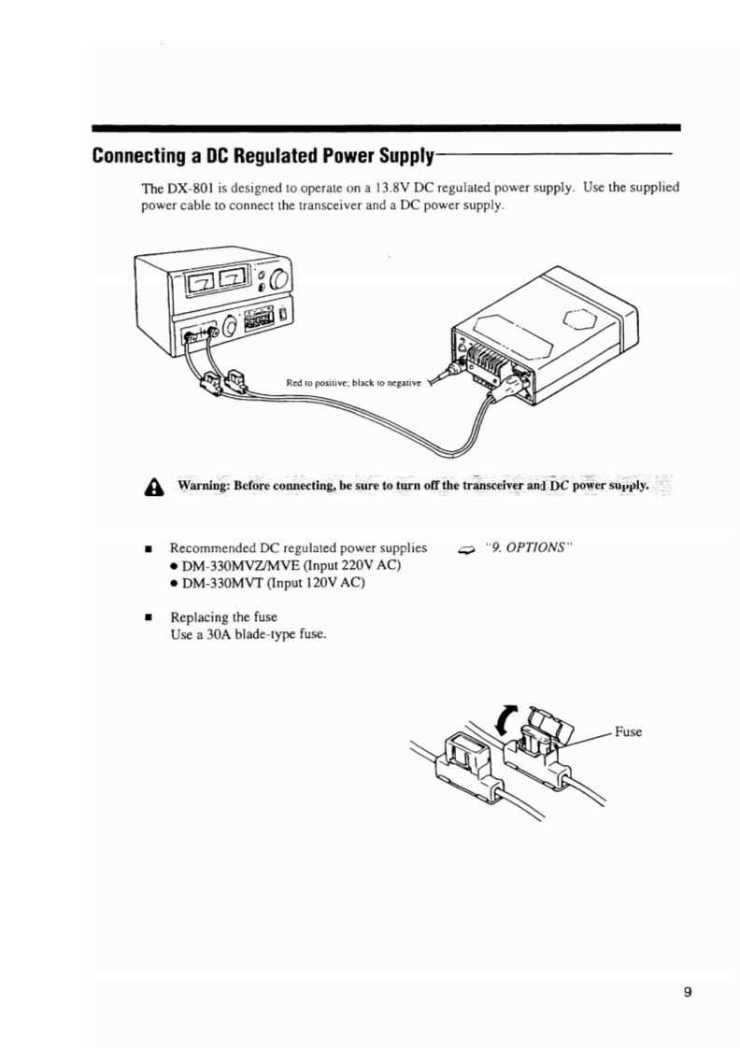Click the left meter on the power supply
pyautogui.click(x=205, y=278)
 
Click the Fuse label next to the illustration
pyautogui.click(x=628, y=731)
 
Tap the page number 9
pyautogui.click(x=687, y=992)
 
